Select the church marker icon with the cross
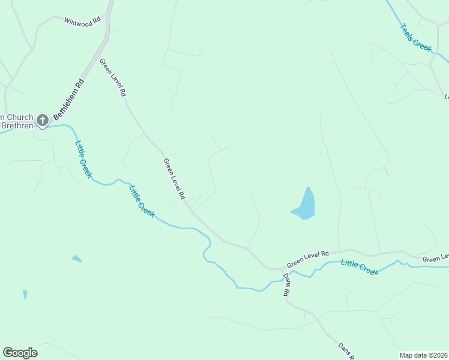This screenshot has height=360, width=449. pyautogui.click(x=43, y=121)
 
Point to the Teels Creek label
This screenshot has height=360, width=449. pyautogui.click(x=417, y=38)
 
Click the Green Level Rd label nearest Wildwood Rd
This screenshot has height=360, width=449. pyautogui.click(x=113, y=77)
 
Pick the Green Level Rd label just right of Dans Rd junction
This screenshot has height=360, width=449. pyautogui.click(x=309, y=259)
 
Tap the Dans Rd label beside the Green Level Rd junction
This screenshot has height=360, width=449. pyautogui.click(x=286, y=285)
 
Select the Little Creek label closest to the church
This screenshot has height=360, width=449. pyautogui.click(x=83, y=158)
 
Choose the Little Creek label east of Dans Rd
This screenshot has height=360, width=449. pyautogui.click(x=360, y=267)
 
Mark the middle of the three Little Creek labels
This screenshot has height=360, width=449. pyautogui.click(x=142, y=200)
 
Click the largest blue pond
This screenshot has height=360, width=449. pyautogui.click(x=305, y=205)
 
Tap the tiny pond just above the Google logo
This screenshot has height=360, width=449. pyautogui.click(x=25, y=295)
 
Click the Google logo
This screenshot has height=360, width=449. pyautogui.click(x=20, y=353)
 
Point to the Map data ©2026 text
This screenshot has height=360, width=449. pyautogui.click(x=424, y=355)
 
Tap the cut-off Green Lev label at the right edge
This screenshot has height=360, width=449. pyautogui.click(x=435, y=259)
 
